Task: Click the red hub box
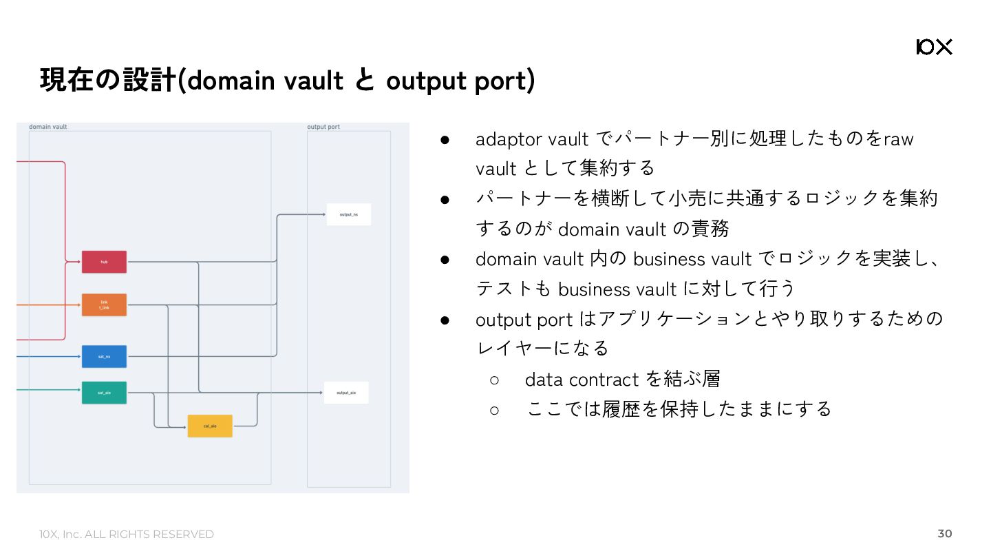104,262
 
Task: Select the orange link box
104,304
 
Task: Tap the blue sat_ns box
104,356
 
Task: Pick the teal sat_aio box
104,393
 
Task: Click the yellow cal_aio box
210,426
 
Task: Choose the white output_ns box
348,214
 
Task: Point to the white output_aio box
346,393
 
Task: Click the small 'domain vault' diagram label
47,127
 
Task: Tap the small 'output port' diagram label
323,127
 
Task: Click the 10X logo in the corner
934,47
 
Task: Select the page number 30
945,534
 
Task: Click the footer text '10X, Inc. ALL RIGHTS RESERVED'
127,535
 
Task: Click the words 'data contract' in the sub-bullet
582,380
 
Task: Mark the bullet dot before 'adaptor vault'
445,139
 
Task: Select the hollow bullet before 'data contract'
494,380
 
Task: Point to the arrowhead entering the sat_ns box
79,356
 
